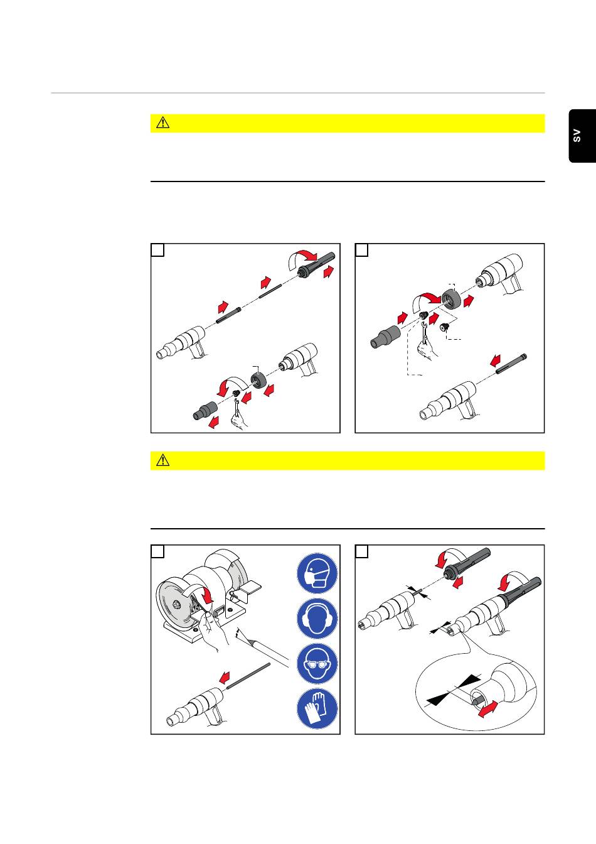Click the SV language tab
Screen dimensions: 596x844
582,136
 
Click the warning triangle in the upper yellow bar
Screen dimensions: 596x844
162,123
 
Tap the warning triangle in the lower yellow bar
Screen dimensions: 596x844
162,460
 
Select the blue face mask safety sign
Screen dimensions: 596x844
317,574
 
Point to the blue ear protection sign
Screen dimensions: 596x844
317,619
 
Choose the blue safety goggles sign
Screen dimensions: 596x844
317,664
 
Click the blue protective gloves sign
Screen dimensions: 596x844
317,708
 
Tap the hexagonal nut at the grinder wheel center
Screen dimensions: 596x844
176,605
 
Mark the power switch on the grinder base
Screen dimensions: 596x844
220,610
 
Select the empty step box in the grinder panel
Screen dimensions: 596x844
157,551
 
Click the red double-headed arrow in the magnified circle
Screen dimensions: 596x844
487,709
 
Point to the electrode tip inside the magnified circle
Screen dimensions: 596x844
476,701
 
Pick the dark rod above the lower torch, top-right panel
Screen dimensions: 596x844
511,364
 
